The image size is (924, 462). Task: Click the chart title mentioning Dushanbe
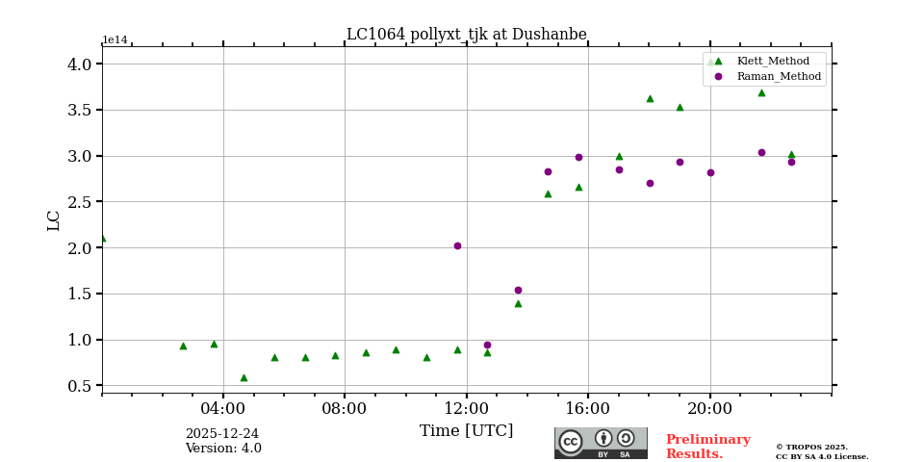coord(466,35)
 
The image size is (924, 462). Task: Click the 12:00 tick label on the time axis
coord(466,408)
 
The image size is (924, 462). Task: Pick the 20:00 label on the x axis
coord(709,408)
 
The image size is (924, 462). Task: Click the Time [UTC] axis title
coord(466,431)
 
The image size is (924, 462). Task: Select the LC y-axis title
coord(54,220)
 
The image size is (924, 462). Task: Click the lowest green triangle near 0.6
coord(244,377)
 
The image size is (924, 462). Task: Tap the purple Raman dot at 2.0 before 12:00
coord(457,245)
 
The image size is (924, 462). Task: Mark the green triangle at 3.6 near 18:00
coord(650,98)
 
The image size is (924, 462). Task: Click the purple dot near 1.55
coord(518,290)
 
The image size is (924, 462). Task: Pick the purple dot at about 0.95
coord(487,345)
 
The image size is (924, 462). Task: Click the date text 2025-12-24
coord(221,434)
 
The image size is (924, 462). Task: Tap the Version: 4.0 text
coord(223,449)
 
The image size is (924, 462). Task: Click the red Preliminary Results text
coord(707,447)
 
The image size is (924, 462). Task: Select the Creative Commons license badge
coord(601,443)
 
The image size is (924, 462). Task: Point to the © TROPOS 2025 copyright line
coord(811,447)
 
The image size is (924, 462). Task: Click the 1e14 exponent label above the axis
coord(115,40)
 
